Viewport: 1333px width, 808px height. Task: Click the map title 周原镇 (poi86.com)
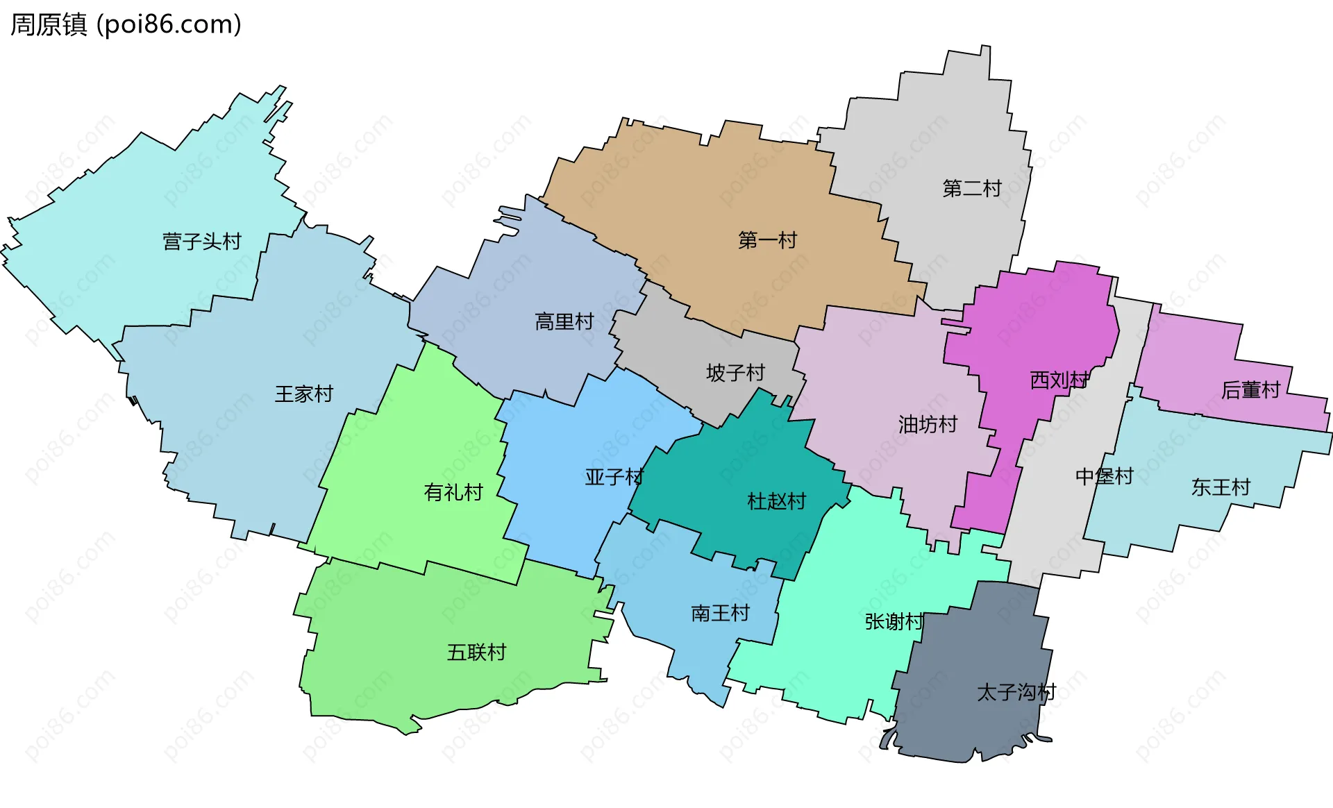point(126,25)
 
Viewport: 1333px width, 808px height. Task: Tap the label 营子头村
point(201,242)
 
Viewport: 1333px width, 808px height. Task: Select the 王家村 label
point(303,394)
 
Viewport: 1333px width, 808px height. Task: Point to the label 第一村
point(767,241)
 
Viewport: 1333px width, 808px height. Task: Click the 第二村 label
point(971,189)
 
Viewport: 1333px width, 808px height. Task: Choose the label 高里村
point(564,322)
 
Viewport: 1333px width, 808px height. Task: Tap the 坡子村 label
point(735,373)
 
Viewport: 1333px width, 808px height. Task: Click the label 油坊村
point(928,424)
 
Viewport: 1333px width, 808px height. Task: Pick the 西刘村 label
point(1059,380)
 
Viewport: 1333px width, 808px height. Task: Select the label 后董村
point(1250,390)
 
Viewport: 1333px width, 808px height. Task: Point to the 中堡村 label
point(1104,476)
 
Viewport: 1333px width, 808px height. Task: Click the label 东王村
point(1221,487)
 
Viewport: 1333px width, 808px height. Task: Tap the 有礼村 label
point(453,493)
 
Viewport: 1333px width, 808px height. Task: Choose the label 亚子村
point(614,477)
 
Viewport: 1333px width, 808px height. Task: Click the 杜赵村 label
point(776,501)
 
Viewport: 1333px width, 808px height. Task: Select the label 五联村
point(476,653)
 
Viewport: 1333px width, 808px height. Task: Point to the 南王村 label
point(720,613)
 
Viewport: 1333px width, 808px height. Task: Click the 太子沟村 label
point(1016,692)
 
